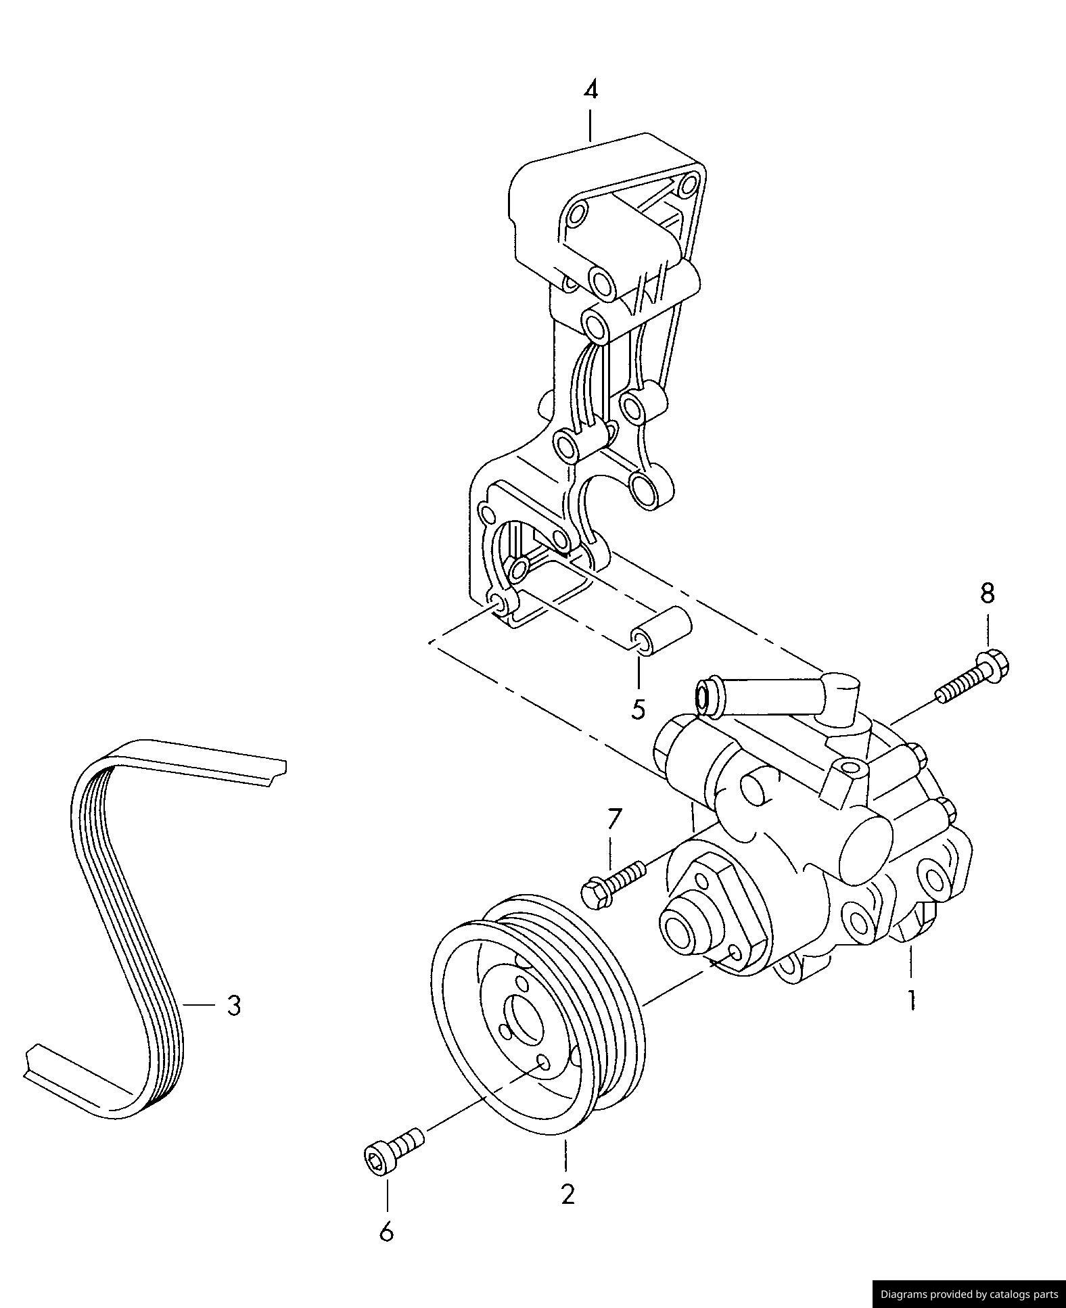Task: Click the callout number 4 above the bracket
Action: [x=590, y=90]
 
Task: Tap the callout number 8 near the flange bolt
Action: [x=988, y=593]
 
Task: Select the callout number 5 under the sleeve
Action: [x=639, y=709]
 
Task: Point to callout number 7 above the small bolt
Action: [x=613, y=819]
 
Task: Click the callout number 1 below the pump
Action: [x=912, y=1000]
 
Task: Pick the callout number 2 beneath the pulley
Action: [x=567, y=1194]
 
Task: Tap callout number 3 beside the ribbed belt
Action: [x=233, y=1006]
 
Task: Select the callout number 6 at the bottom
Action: [x=386, y=1232]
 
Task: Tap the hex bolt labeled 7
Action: [x=612, y=883]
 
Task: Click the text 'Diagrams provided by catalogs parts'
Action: [x=969, y=1294]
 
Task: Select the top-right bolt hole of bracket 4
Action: [x=690, y=183]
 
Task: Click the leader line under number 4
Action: [x=590, y=126]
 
